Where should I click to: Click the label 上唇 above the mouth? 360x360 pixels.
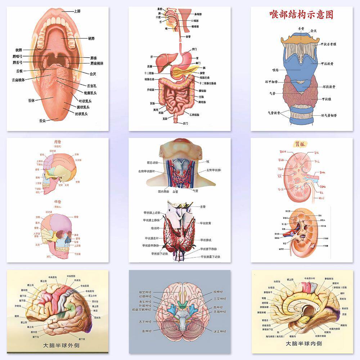point(77,11)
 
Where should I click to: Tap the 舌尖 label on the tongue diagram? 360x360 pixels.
point(42,121)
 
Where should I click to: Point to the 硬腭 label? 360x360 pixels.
point(91,39)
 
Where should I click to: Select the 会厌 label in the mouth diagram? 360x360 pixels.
point(93,74)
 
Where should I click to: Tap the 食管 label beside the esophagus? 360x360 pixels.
point(188,36)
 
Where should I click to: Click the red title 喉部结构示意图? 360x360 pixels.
point(301,15)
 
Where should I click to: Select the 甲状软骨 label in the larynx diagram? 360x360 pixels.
point(328,64)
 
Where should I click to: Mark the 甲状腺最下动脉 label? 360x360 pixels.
point(211,257)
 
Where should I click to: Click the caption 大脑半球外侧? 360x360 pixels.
point(62,346)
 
